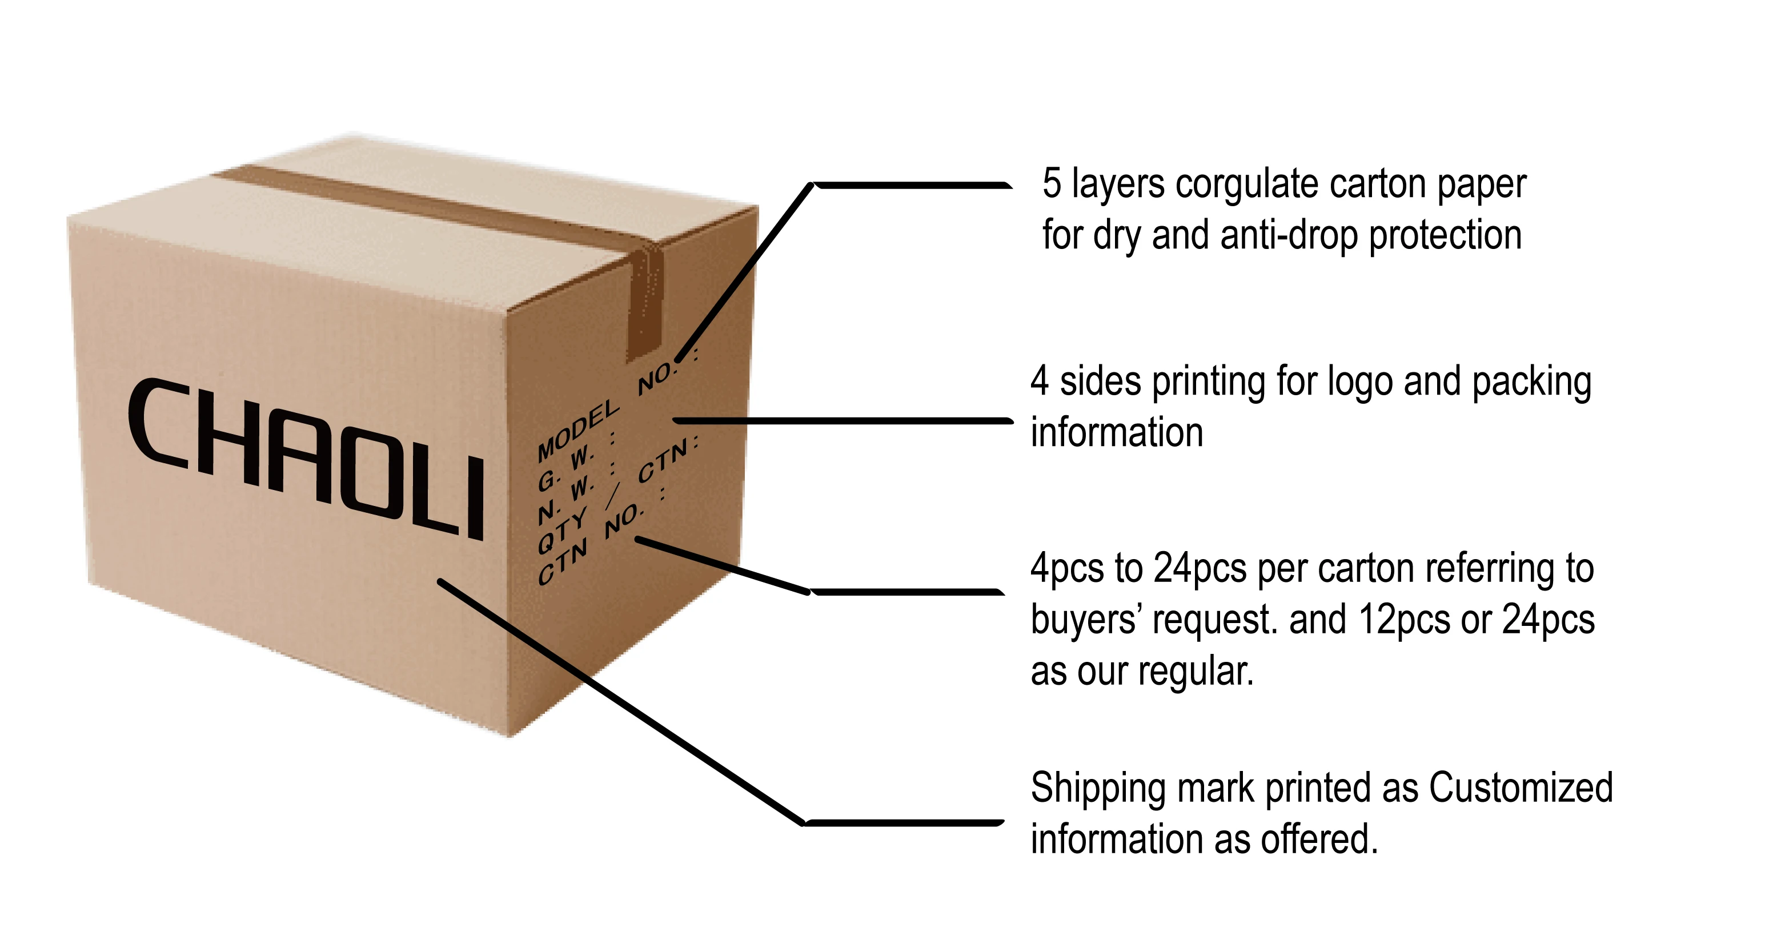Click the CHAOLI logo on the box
(305, 457)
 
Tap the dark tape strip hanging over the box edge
(644, 305)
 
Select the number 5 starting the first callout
(1051, 184)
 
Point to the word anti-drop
(1288, 236)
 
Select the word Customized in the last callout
(1521, 789)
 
